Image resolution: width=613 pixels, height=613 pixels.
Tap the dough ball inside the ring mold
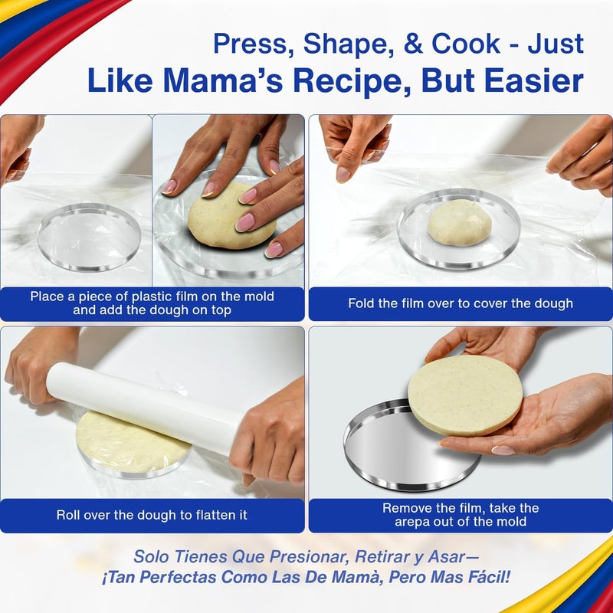pos(460,223)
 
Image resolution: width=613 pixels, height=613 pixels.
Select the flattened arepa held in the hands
pos(464,395)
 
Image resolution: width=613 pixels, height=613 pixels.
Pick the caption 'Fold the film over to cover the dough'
pos(460,303)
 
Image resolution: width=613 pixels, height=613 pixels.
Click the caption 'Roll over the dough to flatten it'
pos(152,515)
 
